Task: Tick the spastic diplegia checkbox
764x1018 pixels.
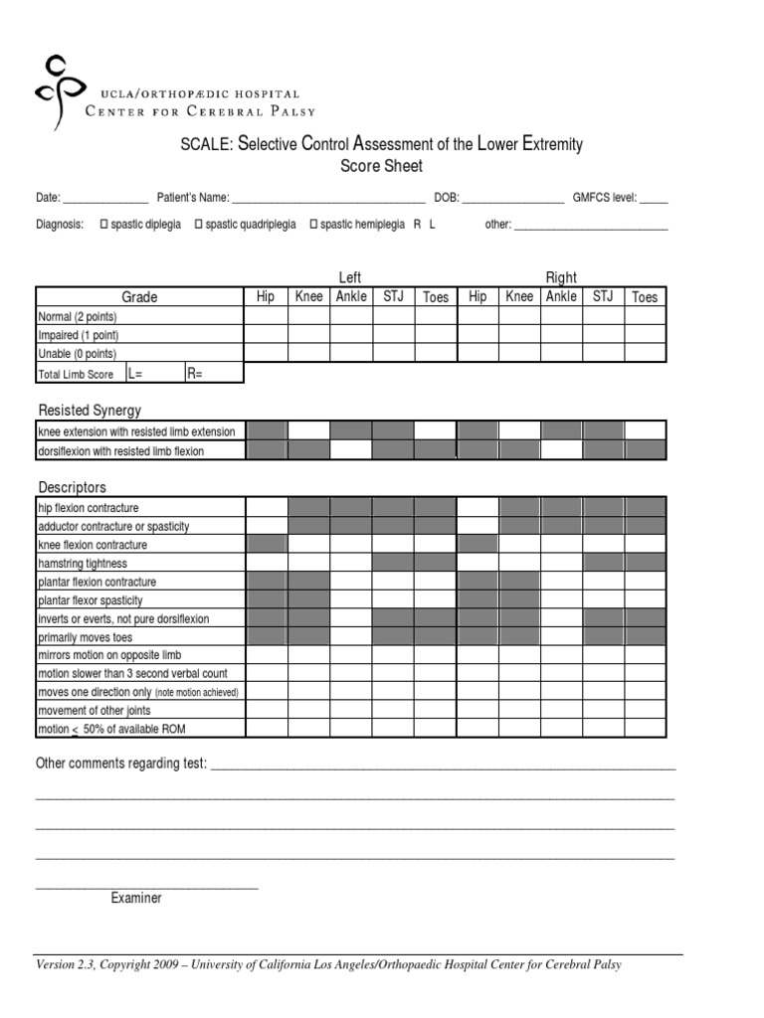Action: (104, 225)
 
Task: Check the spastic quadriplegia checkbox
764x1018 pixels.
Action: (199, 225)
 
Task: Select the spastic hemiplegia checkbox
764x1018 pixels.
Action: (314, 225)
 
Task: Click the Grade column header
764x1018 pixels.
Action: (139, 296)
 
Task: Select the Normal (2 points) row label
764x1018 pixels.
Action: (85, 316)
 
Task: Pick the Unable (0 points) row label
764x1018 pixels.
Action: (77, 354)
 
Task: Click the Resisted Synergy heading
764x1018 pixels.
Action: (90, 410)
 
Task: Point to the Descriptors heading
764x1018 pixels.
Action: (72, 487)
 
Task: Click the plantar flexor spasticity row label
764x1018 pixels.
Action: (91, 600)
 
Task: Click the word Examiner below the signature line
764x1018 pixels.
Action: (136, 898)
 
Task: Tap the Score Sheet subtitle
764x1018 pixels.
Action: (381, 167)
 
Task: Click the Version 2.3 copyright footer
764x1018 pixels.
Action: (328, 965)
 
